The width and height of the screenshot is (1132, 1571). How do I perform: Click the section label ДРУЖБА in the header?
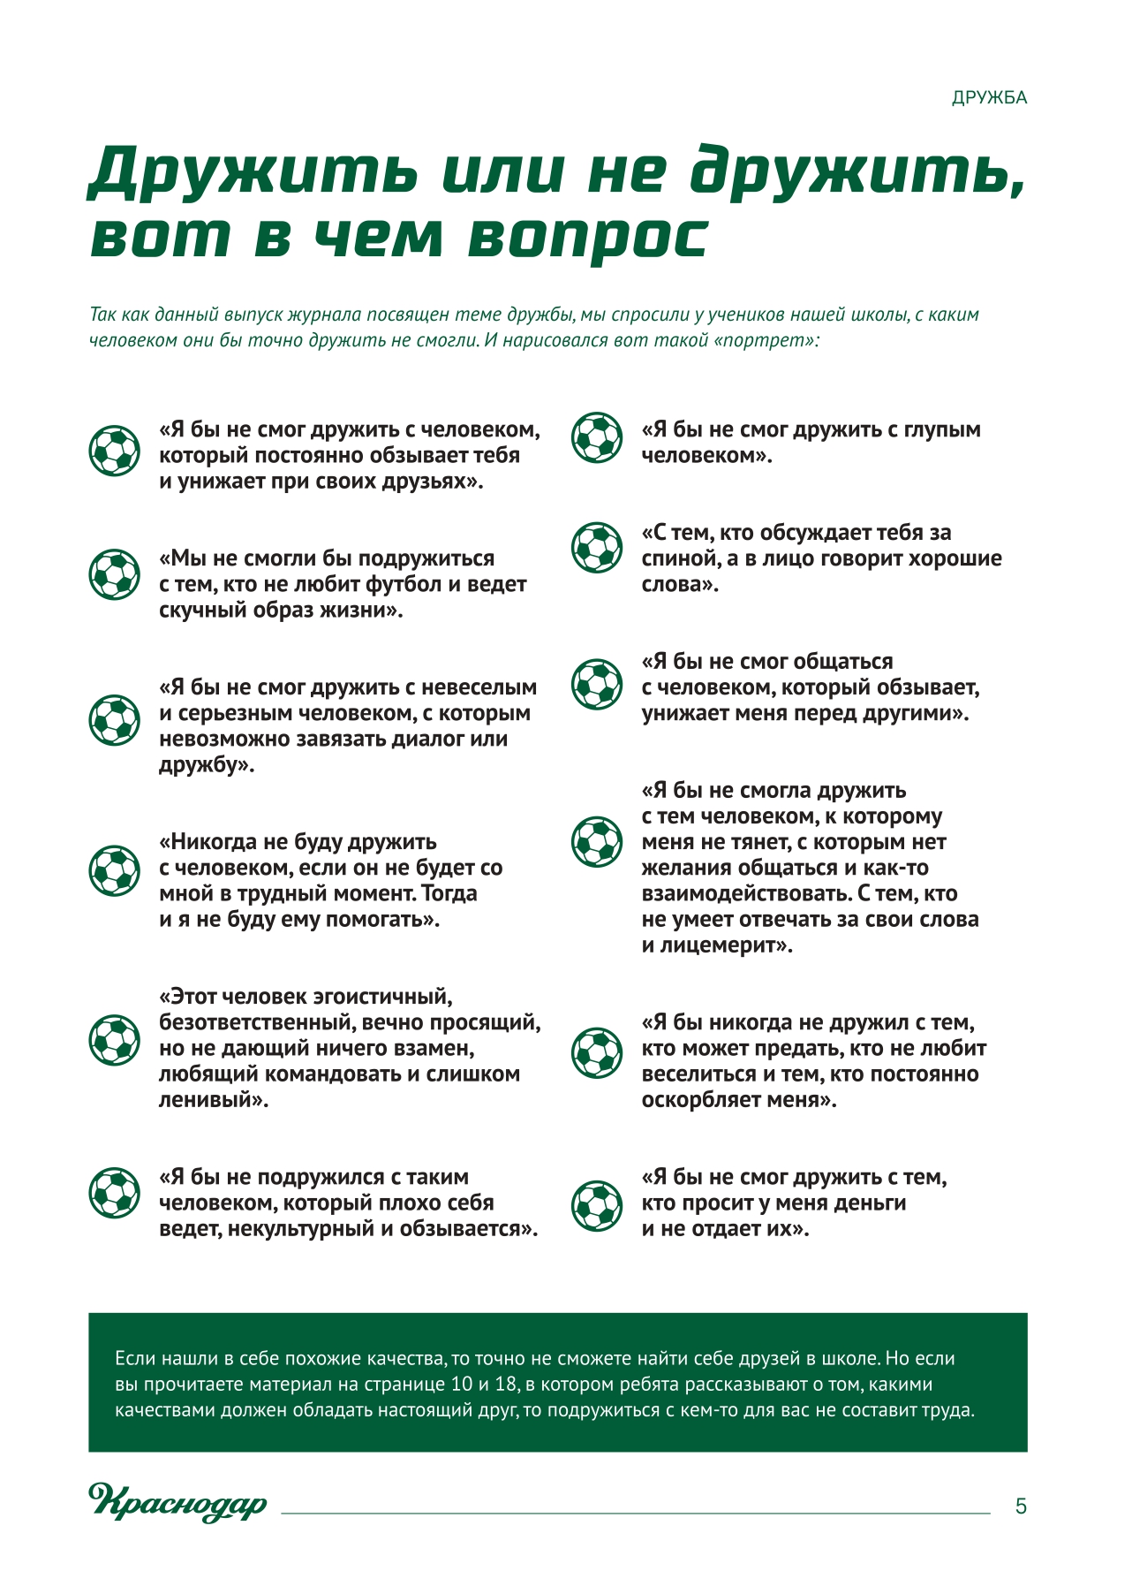pyautogui.click(x=989, y=98)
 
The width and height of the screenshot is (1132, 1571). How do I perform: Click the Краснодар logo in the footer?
pyautogui.click(x=177, y=1502)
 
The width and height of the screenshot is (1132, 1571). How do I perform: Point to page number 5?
pyautogui.click(x=1021, y=1506)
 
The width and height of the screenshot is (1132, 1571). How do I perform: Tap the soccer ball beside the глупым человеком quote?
pyautogui.click(x=597, y=437)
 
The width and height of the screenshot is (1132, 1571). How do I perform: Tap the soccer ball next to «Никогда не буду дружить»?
pyautogui.click(x=114, y=870)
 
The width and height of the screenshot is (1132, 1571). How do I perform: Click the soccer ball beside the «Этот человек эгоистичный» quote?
pyautogui.click(x=114, y=1038)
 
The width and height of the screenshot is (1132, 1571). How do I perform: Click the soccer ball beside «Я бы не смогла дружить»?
pyautogui.click(x=597, y=841)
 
